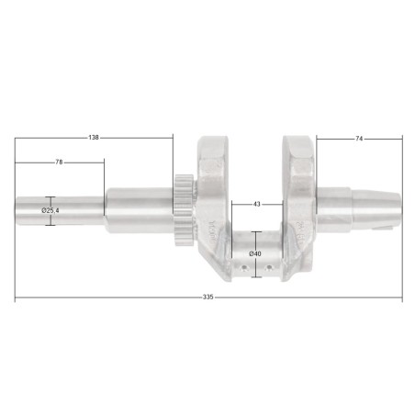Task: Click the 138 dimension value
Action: pos(94,138)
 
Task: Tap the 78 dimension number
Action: pos(59,163)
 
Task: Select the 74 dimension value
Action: pos(359,139)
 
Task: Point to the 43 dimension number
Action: pos(257,204)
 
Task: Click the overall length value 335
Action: pos(207,297)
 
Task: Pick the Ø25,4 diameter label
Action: pos(50,210)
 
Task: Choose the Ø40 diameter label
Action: pos(255,253)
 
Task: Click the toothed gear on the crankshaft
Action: pos(185,210)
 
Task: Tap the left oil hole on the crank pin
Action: pos(243,268)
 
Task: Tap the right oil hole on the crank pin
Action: pos(269,268)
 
